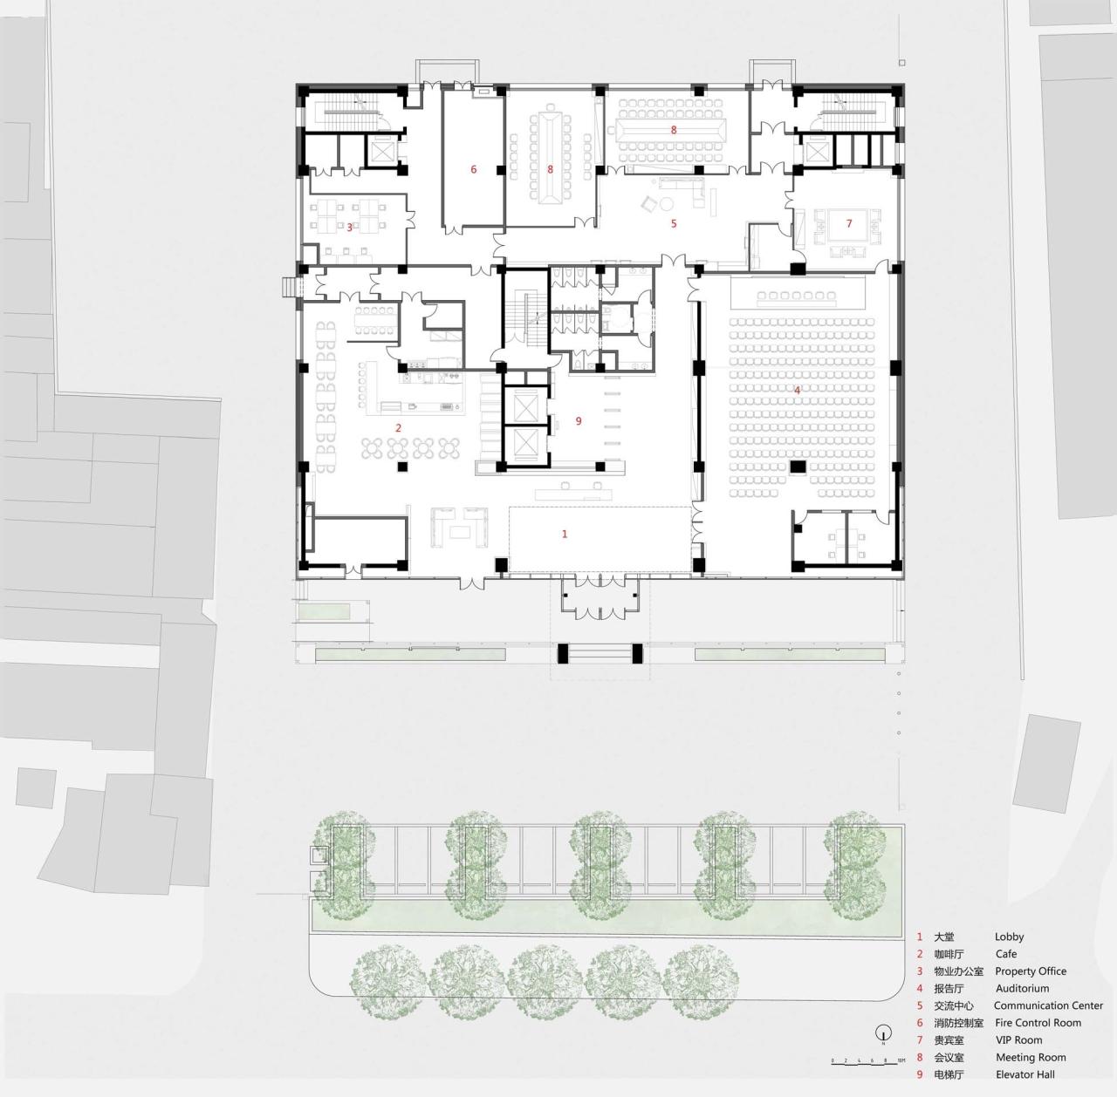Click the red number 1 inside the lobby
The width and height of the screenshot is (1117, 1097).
[x=565, y=534]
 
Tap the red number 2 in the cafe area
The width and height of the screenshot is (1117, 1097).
[x=399, y=427]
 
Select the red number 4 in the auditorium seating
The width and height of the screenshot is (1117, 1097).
[x=797, y=389]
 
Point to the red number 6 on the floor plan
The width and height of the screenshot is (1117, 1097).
[x=474, y=169]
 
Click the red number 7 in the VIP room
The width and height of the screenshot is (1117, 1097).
[x=848, y=223]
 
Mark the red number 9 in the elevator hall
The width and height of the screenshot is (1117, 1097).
[x=578, y=420]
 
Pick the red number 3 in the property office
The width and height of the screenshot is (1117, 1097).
[x=350, y=228]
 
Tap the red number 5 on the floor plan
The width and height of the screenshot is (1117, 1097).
[x=673, y=223]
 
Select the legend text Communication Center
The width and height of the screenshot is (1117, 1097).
[x=1048, y=1005]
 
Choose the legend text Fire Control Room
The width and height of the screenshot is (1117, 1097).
[x=1038, y=1023]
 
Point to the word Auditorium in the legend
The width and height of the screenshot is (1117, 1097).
[x=1022, y=989]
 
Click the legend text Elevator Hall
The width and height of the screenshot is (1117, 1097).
[x=1025, y=1074]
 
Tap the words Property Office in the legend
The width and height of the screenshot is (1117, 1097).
[x=1031, y=971]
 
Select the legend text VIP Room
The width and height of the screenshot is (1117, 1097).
[x=1018, y=1040]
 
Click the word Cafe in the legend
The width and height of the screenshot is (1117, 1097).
[x=1006, y=954]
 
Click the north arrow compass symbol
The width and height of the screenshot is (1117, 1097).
[x=883, y=1034]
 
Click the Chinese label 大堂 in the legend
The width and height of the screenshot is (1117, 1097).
[x=944, y=937]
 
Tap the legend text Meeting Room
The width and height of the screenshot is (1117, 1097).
[x=1031, y=1058]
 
